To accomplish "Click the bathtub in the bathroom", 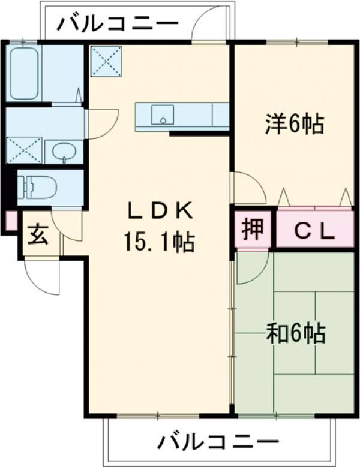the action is click(x=25, y=73).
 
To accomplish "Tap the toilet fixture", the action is click(x=37, y=187).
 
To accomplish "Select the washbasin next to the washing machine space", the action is click(x=64, y=152).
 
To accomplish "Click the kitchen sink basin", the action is click(x=163, y=115).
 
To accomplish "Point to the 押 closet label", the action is click(x=253, y=229).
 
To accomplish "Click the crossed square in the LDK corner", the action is click(x=106, y=61).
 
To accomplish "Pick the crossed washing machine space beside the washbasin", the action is click(x=25, y=150).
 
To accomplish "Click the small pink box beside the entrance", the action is click(x=11, y=221).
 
